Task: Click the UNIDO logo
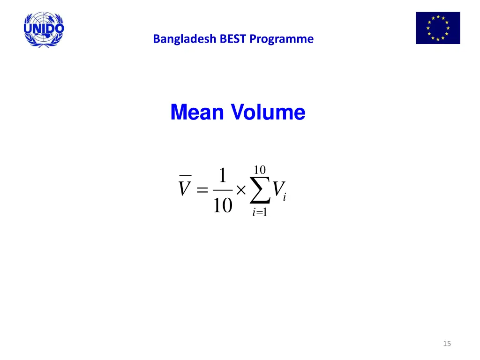click(44, 29)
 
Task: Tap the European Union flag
click(438, 28)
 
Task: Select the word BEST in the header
click(234, 39)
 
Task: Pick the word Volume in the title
click(269, 112)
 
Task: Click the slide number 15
click(447, 344)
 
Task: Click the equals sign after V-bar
click(202, 190)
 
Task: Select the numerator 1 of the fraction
click(223, 176)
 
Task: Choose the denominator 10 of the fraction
click(223, 205)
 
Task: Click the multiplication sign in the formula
click(241, 190)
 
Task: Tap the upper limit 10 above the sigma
click(260, 169)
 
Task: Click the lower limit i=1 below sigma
click(259, 213)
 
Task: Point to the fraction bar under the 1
click(223, 190)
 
